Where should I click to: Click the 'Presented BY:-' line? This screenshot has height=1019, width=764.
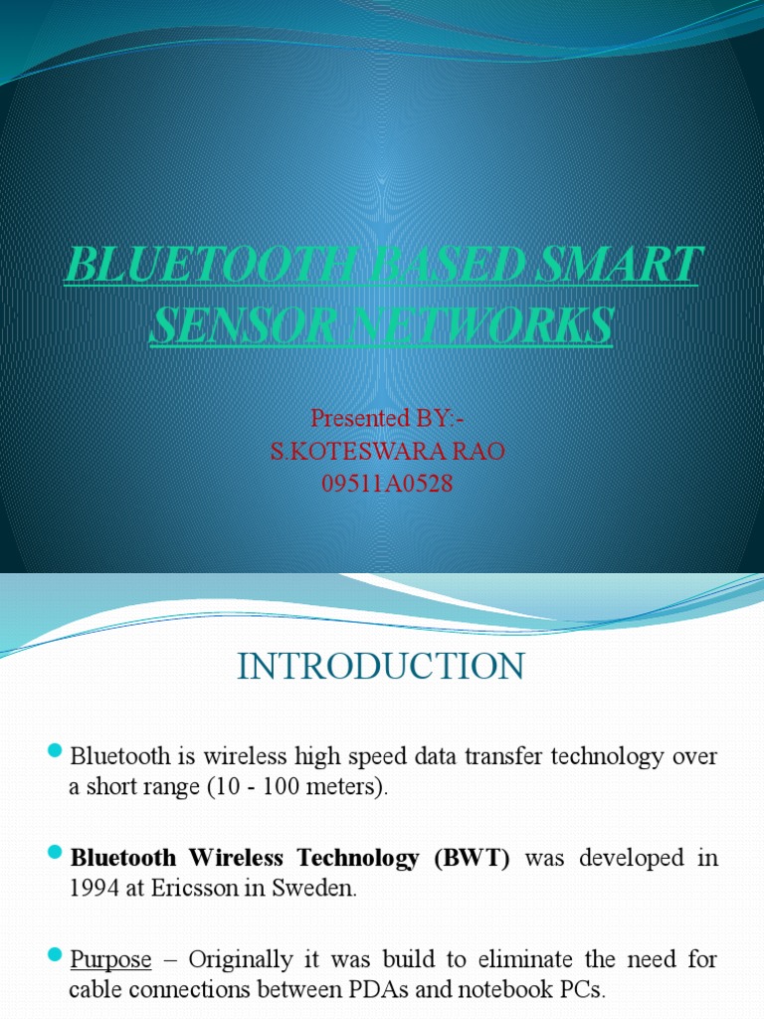pyautogui.click(x=381, y=416)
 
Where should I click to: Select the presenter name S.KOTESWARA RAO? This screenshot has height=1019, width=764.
pyautogui.click(x=388, y=452)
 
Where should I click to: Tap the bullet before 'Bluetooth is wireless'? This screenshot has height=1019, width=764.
pyautogui.click(x=55, y=751)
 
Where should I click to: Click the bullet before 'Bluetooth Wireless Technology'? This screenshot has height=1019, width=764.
pyautogui.click(x=55, y=855)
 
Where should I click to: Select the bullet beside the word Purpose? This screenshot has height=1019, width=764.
pyautogui.click(x=55, y=957)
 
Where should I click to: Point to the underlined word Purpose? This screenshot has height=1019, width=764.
pyautogui.click(x=110, y=960)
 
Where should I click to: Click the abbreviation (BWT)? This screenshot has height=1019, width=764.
pyautogui.click(x=470, y=858)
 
